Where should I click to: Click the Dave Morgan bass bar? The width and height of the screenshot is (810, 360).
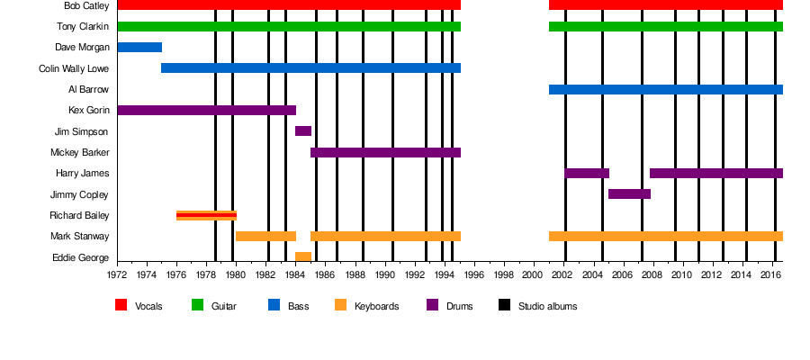[x=139, y=47]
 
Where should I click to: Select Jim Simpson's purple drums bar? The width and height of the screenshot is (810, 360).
[x=303, y=131]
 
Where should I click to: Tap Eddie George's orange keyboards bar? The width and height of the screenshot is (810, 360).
[x=303, y=257]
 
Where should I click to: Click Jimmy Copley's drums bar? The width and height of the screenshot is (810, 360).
[x=629, y=194]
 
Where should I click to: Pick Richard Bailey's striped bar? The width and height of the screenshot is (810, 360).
[x=206, y=215]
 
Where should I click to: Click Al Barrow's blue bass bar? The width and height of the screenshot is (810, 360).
[x=665, y=89]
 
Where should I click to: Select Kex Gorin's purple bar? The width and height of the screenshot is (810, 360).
[x=206, y=111]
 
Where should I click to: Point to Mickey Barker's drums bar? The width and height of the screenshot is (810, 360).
[x=385, y=152]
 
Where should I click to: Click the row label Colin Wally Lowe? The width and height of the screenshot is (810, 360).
[x=74, y=68]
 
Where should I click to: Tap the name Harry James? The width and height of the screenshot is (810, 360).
[x=82, y=174]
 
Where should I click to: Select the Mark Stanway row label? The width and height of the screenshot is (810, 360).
[x=80, y=237]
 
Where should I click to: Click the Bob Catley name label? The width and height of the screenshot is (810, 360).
[x=86, y=5]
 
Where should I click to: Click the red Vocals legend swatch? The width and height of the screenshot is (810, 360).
[x=121, y=305]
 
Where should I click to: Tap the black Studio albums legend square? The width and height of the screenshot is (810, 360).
[x=504, y=305]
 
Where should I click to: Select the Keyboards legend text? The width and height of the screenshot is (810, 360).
[x=376, y=307]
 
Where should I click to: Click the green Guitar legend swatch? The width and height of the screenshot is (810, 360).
[x=197, y=305]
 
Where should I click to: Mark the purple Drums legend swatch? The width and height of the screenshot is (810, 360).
[x=432, y=305]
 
